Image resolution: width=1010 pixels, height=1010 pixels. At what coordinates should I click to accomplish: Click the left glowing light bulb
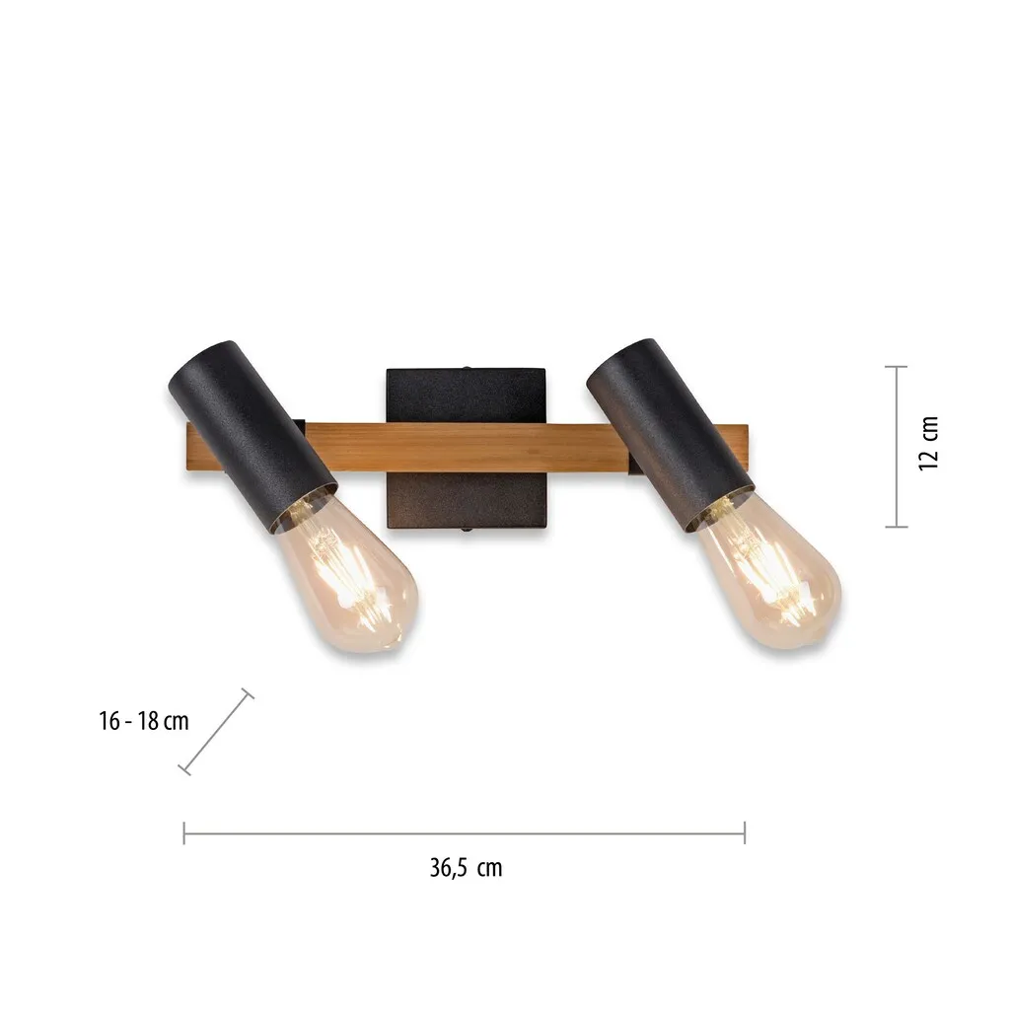(348, 576)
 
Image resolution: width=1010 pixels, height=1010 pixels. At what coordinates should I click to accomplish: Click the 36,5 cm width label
(466, 868)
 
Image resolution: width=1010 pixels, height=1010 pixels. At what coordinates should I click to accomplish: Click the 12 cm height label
(928, 444)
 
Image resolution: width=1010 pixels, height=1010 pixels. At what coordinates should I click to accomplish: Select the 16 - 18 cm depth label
(144, 721)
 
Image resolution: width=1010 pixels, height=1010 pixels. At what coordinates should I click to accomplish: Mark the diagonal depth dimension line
(216, 732)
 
